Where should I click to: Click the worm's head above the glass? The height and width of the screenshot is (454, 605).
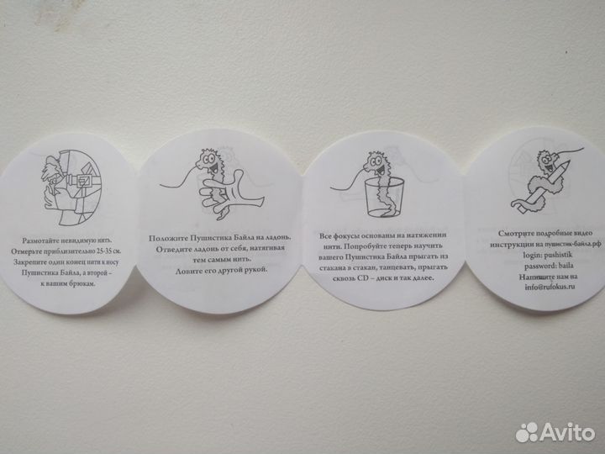coord(375,160)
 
